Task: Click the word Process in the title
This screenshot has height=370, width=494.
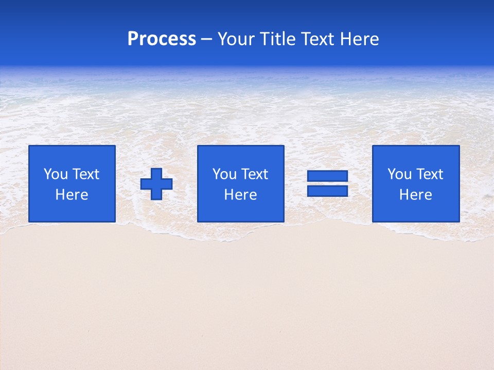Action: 162,39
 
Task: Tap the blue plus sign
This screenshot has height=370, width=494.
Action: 156,183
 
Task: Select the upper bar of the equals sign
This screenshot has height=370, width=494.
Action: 327,176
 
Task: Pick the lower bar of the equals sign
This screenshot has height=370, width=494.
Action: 327,191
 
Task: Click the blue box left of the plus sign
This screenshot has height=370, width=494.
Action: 72,211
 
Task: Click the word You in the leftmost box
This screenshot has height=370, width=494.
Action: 56,174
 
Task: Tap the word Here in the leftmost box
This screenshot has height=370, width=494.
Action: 72,195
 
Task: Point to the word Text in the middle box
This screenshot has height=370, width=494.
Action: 255,174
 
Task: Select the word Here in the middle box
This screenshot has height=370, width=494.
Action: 241,195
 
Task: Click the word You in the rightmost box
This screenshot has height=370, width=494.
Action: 399,174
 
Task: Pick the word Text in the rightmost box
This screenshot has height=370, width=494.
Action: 430,174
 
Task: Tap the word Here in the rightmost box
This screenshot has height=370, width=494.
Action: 416,195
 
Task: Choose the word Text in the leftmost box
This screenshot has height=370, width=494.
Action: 86,174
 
